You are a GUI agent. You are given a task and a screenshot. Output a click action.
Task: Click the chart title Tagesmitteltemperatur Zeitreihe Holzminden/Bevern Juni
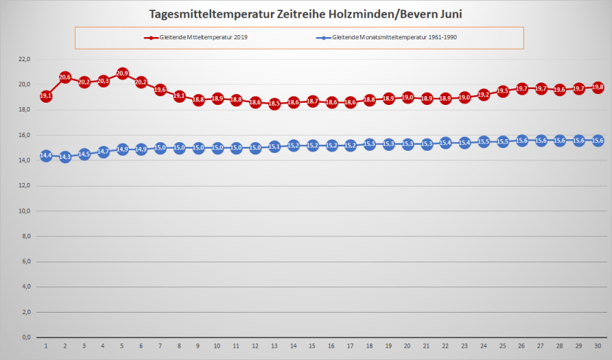(x=305, y=14)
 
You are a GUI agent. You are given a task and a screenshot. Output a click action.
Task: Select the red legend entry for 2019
(x=196, y=37)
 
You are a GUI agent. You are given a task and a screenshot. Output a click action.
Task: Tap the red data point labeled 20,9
(x=122, y=74)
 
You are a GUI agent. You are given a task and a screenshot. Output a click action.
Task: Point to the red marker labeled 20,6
(x=65, y=77)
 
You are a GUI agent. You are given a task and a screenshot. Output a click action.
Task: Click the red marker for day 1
(x=46, y=96)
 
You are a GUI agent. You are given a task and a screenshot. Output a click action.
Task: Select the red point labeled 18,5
(x=274, y=104)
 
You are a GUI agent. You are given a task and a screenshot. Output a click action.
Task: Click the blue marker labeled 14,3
(x=65, y=157)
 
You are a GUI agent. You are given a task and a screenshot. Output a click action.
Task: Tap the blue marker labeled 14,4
(x=46, y=155)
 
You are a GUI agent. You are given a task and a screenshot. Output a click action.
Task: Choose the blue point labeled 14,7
(x=103, y=152)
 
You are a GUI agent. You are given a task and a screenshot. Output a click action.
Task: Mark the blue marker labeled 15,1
(x=274, y=146)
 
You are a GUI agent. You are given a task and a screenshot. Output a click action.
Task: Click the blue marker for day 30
(x=597, y=140)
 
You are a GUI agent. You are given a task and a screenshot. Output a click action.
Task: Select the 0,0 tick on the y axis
(x=25, y=337)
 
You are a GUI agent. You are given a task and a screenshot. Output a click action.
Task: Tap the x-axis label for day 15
(x=312, y=346)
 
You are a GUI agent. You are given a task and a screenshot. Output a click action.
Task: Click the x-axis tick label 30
(x=597, y=346)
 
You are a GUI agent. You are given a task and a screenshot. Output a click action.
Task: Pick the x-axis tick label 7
(x=160, y=346)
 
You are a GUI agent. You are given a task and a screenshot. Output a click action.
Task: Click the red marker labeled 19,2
(x=483, y=95)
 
